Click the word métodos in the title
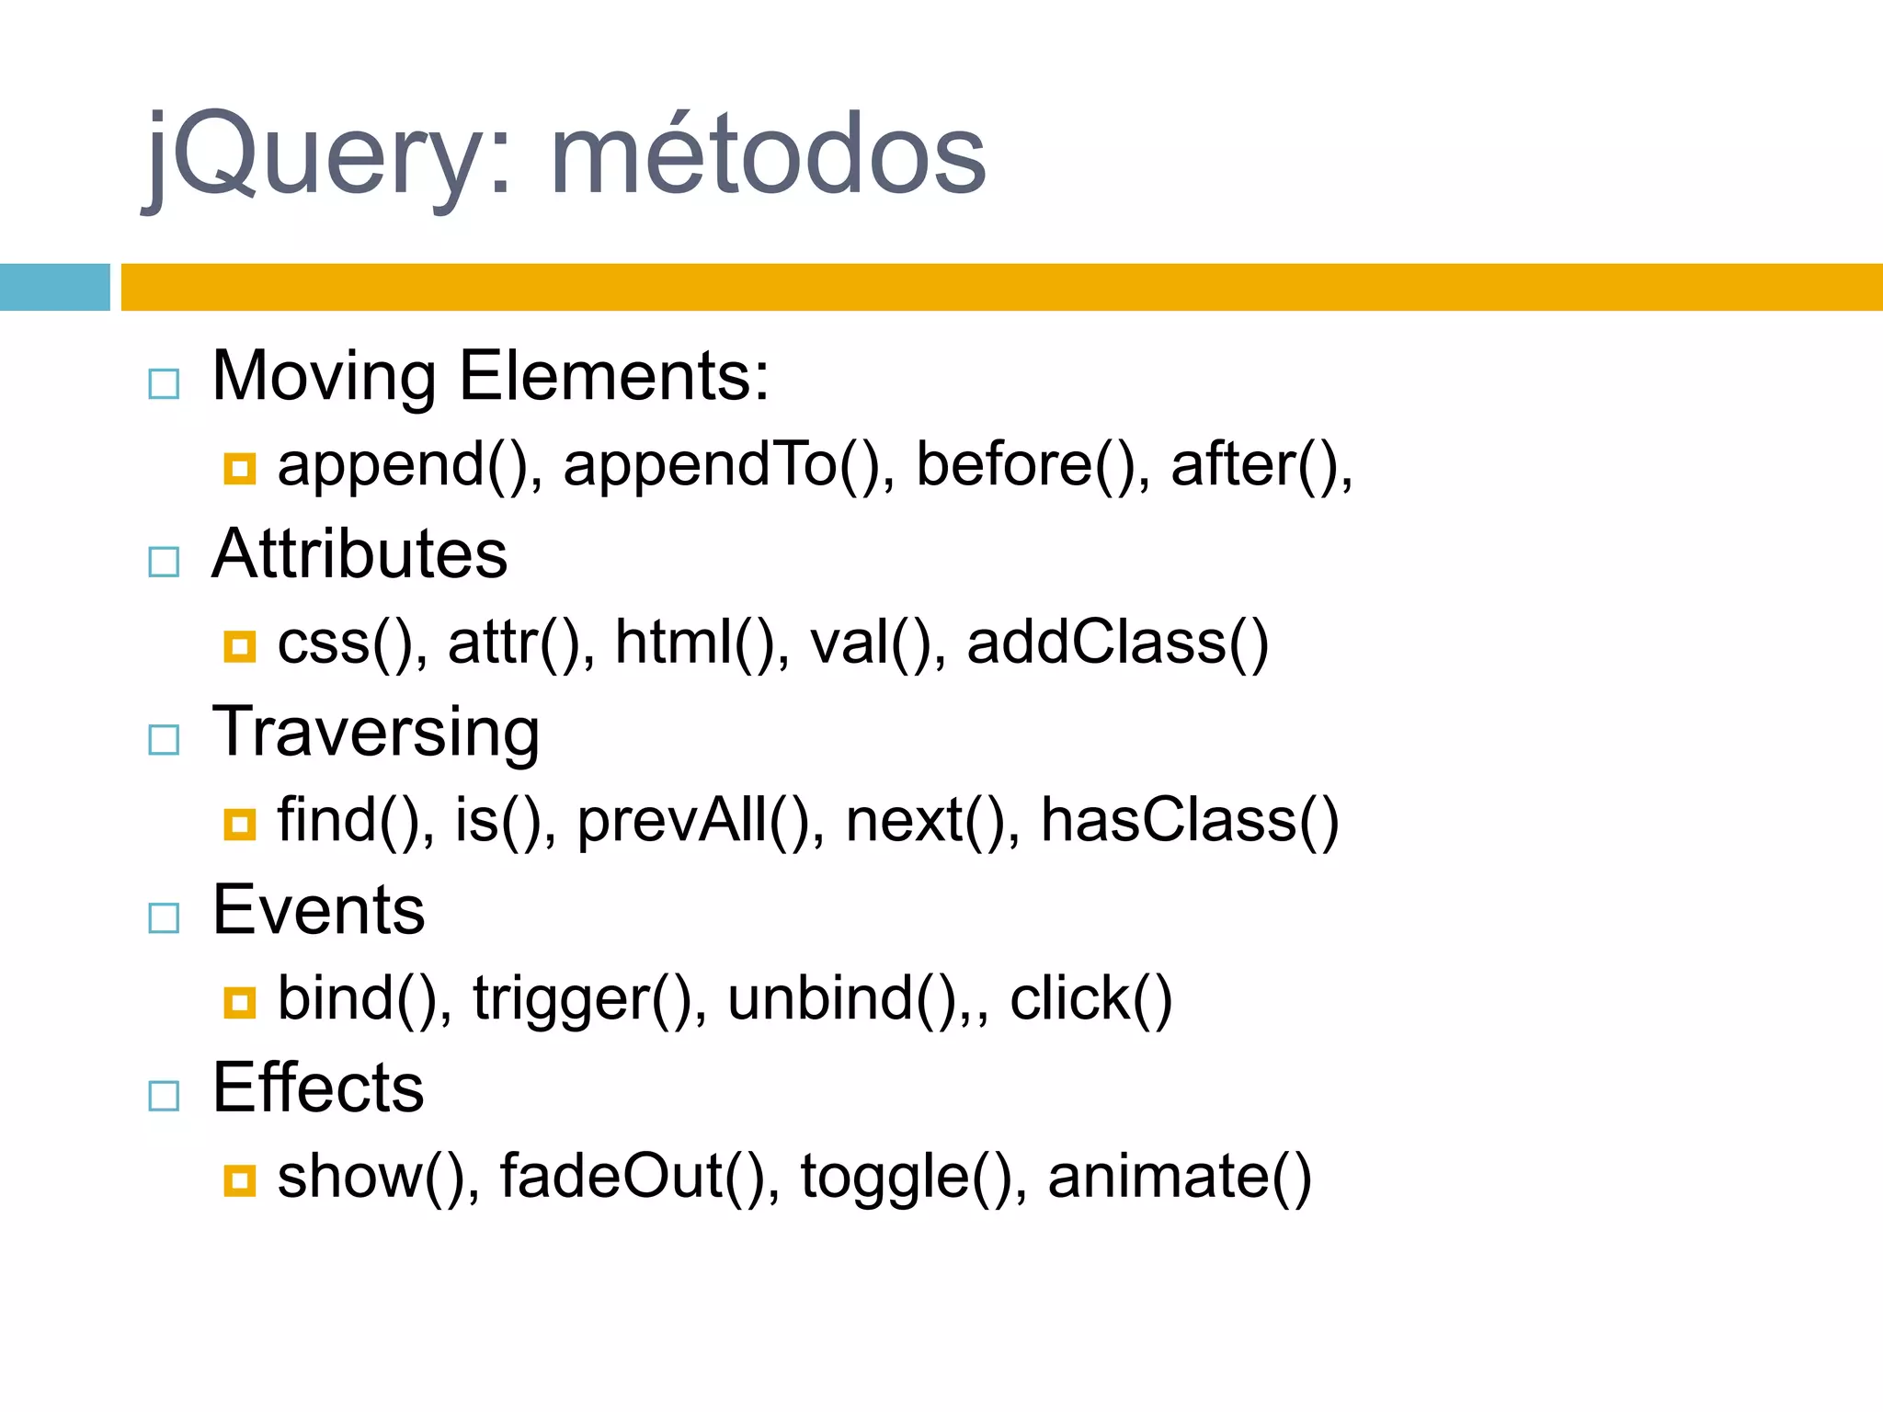point(768,154)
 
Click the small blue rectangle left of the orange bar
point(54,287)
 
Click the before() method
point(1031,464)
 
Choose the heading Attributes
point(359,554)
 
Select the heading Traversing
point(375,733)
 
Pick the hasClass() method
point(1189,820)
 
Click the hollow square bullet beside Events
point(164,917)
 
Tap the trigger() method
point(588,999)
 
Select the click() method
point(1090,999)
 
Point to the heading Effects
point(318,1087)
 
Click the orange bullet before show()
point(239,1179)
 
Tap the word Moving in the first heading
point(324,376)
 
